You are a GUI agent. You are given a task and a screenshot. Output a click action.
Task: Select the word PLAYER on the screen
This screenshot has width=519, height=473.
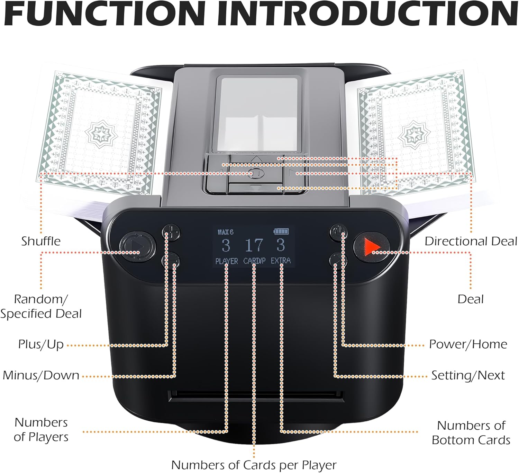227,261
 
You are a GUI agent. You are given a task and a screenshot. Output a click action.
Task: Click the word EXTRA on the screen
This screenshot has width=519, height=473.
281,261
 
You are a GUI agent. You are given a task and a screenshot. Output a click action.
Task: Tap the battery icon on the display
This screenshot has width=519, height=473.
281,231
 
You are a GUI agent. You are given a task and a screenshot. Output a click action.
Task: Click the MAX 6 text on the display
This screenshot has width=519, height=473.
226,232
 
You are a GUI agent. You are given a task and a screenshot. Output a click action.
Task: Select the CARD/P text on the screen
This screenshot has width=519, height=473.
254,261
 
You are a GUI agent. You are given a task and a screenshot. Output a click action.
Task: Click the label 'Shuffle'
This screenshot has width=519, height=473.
41,241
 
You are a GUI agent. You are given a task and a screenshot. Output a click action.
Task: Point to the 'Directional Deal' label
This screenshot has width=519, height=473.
471,241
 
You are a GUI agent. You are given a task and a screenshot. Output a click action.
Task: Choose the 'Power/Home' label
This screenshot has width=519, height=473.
468,344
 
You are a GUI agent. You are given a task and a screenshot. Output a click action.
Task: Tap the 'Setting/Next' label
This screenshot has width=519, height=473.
468,376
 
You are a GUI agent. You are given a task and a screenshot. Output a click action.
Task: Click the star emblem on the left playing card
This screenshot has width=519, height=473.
101,133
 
